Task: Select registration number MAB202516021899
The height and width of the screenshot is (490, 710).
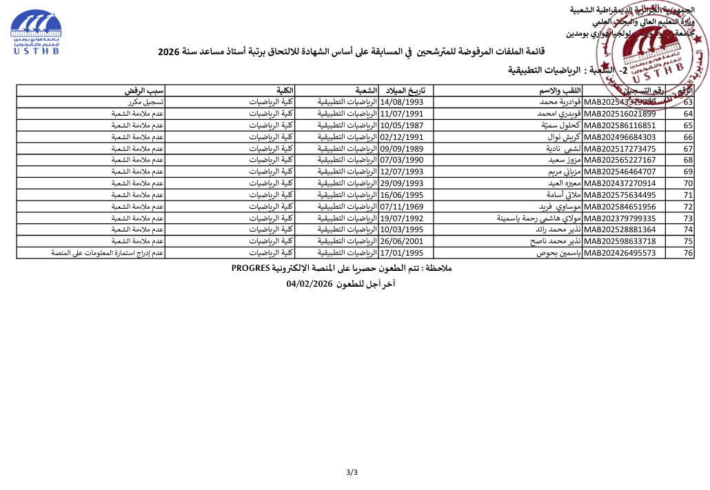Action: pos(620,114)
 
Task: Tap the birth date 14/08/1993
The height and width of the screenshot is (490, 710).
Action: pos(406,102)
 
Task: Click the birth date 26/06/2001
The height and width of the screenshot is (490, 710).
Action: pos(406,241)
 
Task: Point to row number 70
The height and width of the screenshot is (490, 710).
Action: pos(687,183)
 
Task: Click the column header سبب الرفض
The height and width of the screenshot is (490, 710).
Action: pos(144,90)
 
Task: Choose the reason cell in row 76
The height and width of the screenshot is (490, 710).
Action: pos(108,253)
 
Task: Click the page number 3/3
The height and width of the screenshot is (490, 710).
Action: pos(352,472)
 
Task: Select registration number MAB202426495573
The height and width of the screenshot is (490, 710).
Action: pos(620,253)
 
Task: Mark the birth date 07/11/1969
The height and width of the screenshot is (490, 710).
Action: pos(406,206)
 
